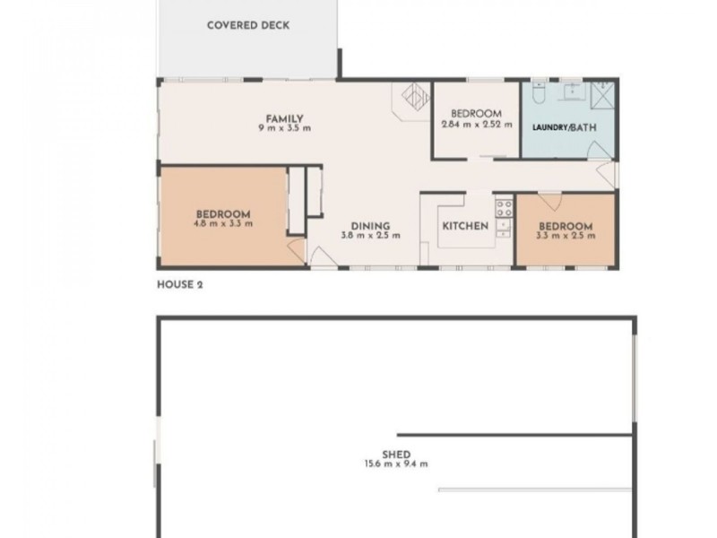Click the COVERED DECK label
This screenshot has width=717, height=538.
pyautogui.click(x=248, y=25)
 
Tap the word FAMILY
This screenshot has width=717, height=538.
pyautogui.click(x=283, y=118)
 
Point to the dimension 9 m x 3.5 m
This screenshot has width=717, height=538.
pyautogui.click(x=283, y=128)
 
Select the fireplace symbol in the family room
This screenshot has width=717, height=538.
pyautogui.click(x=413, y=97)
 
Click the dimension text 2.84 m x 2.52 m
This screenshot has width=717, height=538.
pyautogui.click(x=476, y=124)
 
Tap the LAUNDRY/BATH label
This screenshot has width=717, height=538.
pyautogui.click(x=563, y=127)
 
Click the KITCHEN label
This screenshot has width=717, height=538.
pyautogui.click(x=465, y=226)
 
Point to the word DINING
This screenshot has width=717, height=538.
pyautogui.click(x=370, y=226)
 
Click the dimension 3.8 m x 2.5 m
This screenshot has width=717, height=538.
pyautogui.click(x=370, y=236)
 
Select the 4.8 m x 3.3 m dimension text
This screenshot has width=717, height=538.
pyautogui.click(x=223, y=223)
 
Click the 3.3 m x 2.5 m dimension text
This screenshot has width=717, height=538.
pyautogui.click(x=565, y=235)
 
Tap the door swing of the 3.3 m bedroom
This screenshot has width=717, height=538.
pyautogui.click(x=549, y=200)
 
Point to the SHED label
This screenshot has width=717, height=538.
pyautogui.click(x=395, y=455)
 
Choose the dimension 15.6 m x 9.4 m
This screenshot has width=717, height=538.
pyautogui.click(x=395, y=464)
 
